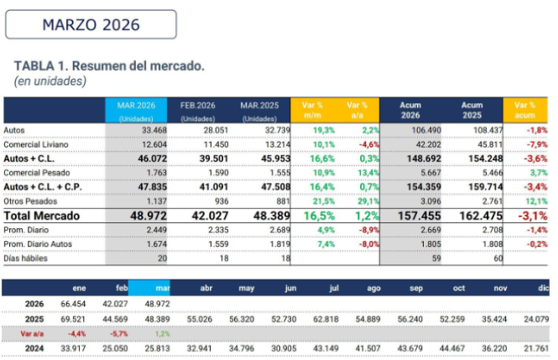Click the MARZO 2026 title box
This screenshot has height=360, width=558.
click(91, 24)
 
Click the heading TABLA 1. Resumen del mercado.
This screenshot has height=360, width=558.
click(109, 65)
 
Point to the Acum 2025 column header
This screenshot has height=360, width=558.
click(472, 110)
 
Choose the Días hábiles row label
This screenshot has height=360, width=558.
click(26, 258)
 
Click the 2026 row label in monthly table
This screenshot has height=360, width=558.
click(34, 303)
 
